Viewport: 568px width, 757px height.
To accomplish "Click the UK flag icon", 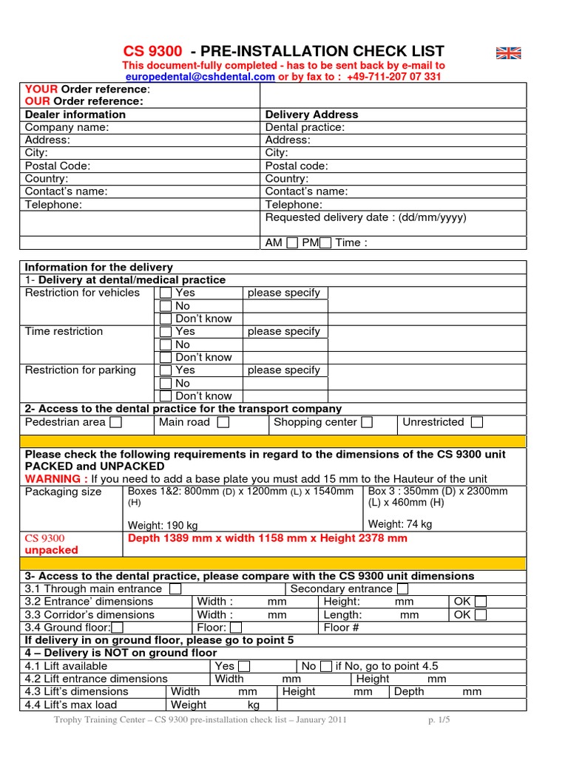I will (508, 52).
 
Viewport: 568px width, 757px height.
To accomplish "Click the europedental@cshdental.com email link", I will (200, 76).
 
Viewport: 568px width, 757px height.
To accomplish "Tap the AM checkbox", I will (292, 243).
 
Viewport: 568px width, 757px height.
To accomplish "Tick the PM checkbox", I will (325, 243).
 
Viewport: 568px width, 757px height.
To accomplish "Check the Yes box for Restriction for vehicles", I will (166, 293).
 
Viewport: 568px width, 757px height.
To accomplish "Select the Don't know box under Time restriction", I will (166, 357).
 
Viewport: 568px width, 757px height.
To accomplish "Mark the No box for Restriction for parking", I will (166, 383).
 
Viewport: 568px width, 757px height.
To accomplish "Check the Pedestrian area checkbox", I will (116, 423).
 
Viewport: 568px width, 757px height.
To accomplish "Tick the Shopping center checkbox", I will (367, 423).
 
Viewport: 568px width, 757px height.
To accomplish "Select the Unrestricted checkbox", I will (477, 423).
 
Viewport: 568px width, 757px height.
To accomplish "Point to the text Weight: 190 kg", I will (163, 525).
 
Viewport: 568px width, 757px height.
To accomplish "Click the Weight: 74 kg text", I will (400, 524).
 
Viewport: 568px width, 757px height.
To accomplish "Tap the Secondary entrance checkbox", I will (402, 589).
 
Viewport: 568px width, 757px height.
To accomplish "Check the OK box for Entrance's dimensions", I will (481, 602).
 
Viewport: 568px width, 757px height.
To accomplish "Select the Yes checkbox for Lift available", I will (244, 666).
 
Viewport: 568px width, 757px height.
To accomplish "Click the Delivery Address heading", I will (311, 115).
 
